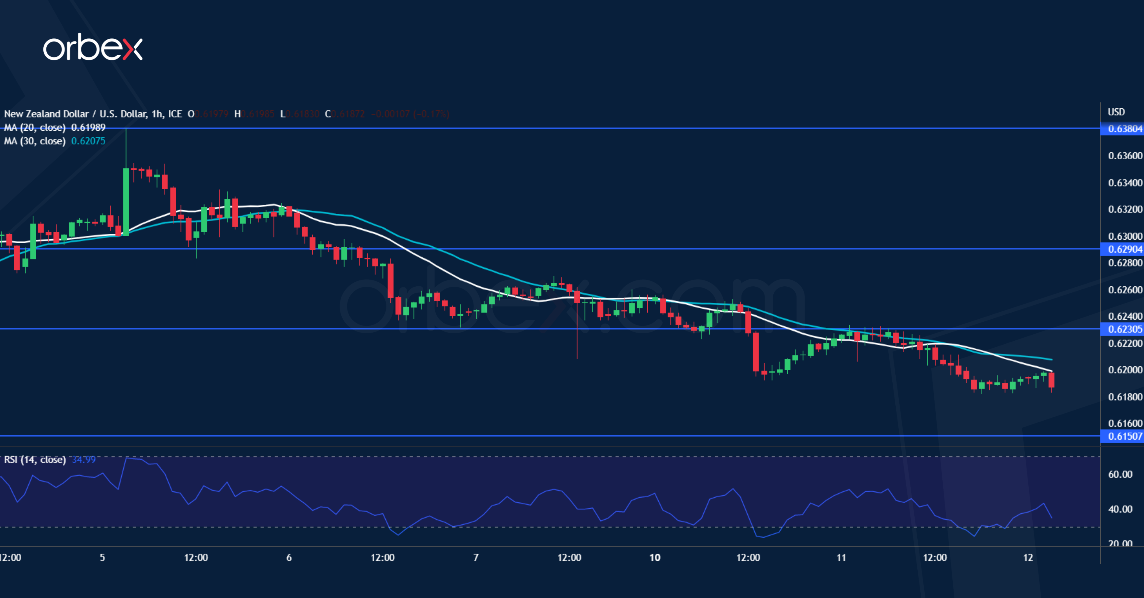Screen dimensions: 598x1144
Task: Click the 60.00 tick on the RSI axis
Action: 1120,474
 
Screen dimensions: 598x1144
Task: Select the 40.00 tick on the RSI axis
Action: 1120,509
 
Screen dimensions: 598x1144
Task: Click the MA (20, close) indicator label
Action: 35,128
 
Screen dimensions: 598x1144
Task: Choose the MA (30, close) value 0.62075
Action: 88,141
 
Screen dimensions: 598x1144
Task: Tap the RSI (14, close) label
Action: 35,459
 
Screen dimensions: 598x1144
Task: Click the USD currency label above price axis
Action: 1116,112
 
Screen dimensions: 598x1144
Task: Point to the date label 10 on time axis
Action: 655,558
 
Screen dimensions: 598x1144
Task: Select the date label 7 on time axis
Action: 476,558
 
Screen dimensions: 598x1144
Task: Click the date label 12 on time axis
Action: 1028,558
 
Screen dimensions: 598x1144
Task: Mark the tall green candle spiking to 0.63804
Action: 126,200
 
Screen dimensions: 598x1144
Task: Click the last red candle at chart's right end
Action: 1051,380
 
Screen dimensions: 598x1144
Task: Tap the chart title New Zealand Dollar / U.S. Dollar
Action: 75,114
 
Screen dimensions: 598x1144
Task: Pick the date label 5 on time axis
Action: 102,558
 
